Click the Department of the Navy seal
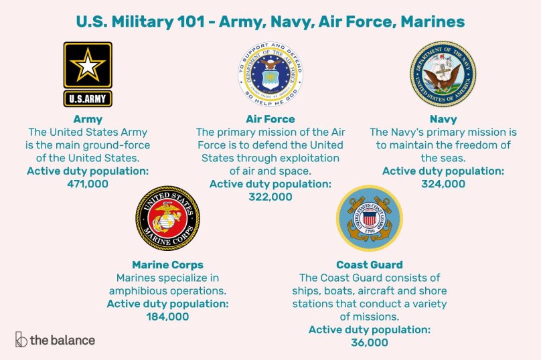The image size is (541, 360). pyautogui.click(x=443, y=73)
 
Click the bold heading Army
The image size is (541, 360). pyautogui.click(x=88, y=120)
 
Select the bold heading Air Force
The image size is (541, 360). pyautogui.click(x=270, y=120)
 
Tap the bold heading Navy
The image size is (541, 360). pyautogui.click(x=443, y=120)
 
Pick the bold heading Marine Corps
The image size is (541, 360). pyautogui.click(x=167, y=265)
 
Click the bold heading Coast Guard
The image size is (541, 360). pyautogui.click(x=369, y=265)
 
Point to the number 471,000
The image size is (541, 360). pyautogui.click(x=88, y=183)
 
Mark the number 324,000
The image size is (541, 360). pyautogui.click(x=443, y=183)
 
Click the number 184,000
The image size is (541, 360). pyautogui.click(x=167, y=317)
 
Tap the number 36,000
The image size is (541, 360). pyautogui.click(x=369, y=342)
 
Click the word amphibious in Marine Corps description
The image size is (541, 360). pyautogui.click(x=146, y=290)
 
